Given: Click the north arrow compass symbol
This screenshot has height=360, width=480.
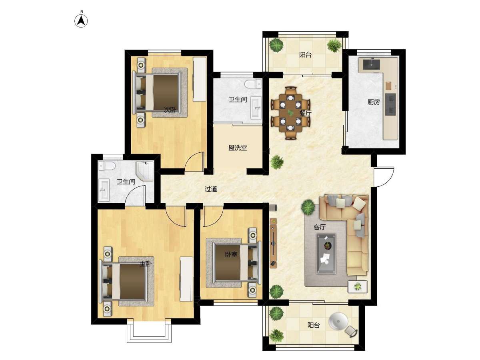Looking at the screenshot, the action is (x=81, y=21).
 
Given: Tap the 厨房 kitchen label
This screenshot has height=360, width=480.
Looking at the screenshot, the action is (x=374, y=102).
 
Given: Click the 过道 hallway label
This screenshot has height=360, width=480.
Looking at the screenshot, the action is (x=211, y=189).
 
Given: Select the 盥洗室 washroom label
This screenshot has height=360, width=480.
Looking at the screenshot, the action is (x=238, y=148).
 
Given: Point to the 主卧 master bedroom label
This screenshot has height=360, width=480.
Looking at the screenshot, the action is (x=146, y=264).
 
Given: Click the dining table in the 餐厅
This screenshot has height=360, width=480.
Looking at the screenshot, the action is (x=291, y=113).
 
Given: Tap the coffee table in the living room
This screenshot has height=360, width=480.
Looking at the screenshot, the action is (x=326, y=254).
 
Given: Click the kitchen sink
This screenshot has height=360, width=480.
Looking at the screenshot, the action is (x=372, y=64).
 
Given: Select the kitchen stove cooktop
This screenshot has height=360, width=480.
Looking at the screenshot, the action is (x=390, y=104).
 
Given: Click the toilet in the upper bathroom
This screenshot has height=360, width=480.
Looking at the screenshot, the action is (x=253, y=84).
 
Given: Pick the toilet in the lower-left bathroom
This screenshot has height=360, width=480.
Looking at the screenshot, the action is (x=107, y=166).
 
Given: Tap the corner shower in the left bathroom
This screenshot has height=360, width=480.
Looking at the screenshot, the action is (x=145, y=171).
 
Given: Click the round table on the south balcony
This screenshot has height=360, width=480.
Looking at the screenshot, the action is (x=338, y=321).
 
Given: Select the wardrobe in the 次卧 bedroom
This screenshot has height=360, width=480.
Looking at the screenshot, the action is (x=200, y=79).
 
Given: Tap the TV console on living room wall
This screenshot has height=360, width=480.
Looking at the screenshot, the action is (x=273, y=243).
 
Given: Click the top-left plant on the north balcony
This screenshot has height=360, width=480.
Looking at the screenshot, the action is (x=276, y=45).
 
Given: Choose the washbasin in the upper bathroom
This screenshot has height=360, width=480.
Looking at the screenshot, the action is (x=256, y=108).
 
